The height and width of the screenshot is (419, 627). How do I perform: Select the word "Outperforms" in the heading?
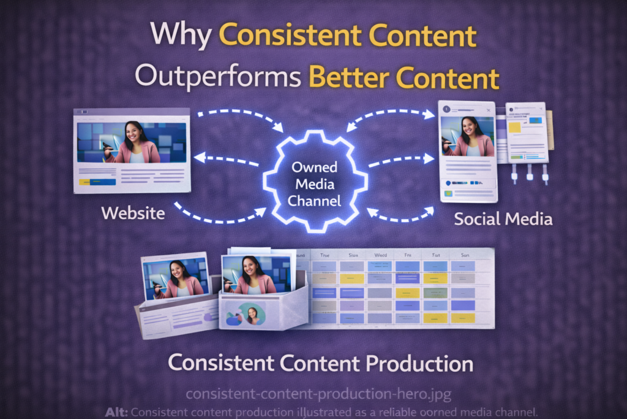pyautogui.click(x=217, y=79)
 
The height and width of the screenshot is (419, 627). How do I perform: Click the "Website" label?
pyautogui.click(x=133, y=213)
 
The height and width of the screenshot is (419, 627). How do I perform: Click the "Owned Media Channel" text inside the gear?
pyautogui.click(x=315, y=183)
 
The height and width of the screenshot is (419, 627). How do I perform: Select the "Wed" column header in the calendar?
pyautogui.click(x=380, y=254)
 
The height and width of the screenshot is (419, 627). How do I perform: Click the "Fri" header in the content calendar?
pyautogui.click(x=408, y=254)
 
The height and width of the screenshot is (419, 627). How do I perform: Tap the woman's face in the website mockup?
pyautogui.click(x=133, y=133)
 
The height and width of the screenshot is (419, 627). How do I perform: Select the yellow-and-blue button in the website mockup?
pyautogui.click(x=97, y=182)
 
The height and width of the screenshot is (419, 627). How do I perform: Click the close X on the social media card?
pyautogui.click(x=488, y=110)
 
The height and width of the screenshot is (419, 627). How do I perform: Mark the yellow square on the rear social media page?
pyautogui.click(x=515, y=127)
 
